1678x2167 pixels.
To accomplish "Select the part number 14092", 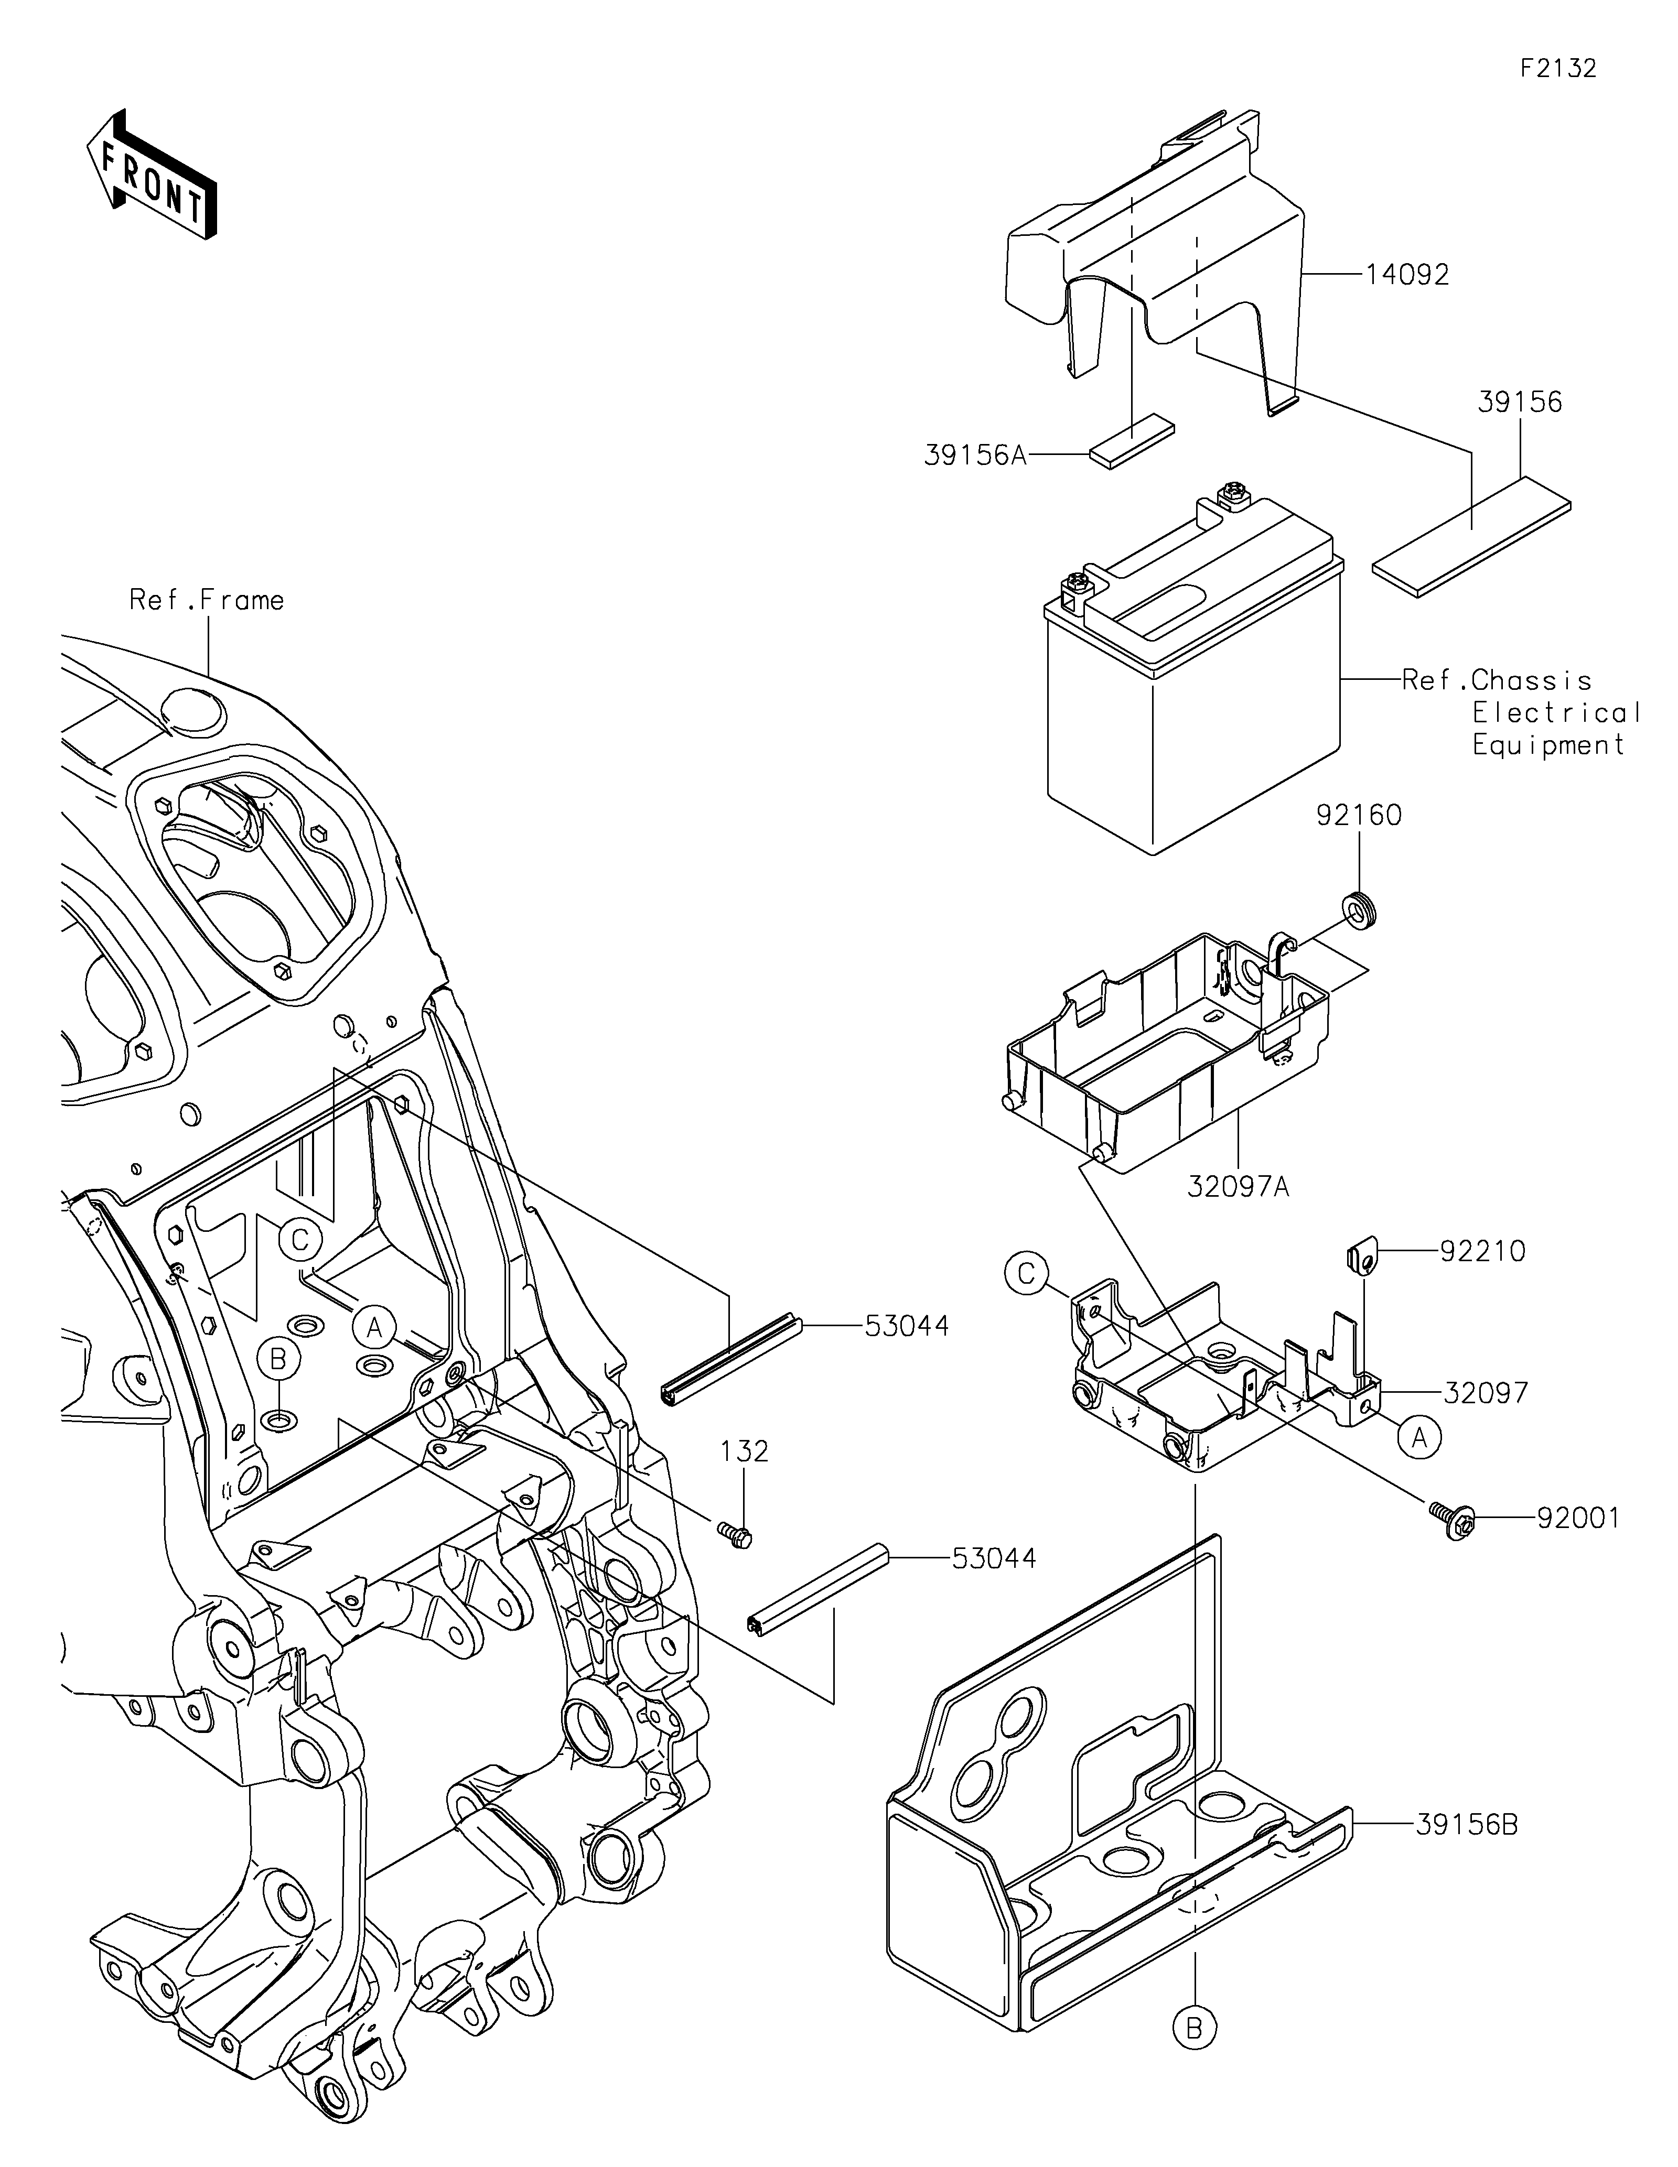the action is (1407, 275).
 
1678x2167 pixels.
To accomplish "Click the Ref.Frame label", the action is (207, 600).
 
